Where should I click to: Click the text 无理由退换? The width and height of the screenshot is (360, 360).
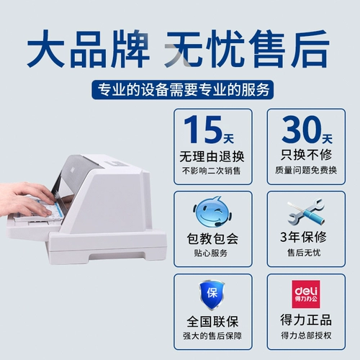tap(212, 156)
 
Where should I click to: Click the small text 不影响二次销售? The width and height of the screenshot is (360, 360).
tap(212, 171)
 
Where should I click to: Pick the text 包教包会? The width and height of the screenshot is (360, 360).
tap(212, 238)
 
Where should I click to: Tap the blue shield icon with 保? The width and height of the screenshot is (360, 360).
tap(212, 295)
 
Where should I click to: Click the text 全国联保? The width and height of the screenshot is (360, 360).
tap(212, 320)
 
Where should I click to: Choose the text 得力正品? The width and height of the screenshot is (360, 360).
tap(303, 320)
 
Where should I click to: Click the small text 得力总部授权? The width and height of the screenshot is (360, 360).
tap(303, 335)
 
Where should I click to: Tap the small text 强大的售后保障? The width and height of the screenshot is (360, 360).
tap(212, 335)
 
